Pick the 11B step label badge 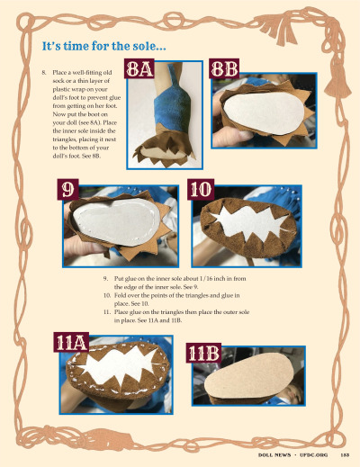(204, 354)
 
